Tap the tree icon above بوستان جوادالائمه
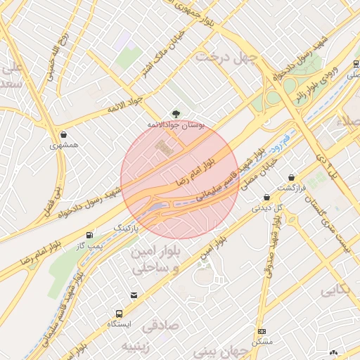pyautogui.click(x=175, y=113)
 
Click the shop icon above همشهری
pyautogui.click(x=65, y=134)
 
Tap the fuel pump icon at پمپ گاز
pyautogui.click(x=89, y=235)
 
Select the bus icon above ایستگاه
pyautogui.click(x=118, y=314)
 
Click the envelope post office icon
pyautogui.click(x=134, y=296)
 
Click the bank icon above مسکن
pyautogui.click(x=262, y=331)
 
